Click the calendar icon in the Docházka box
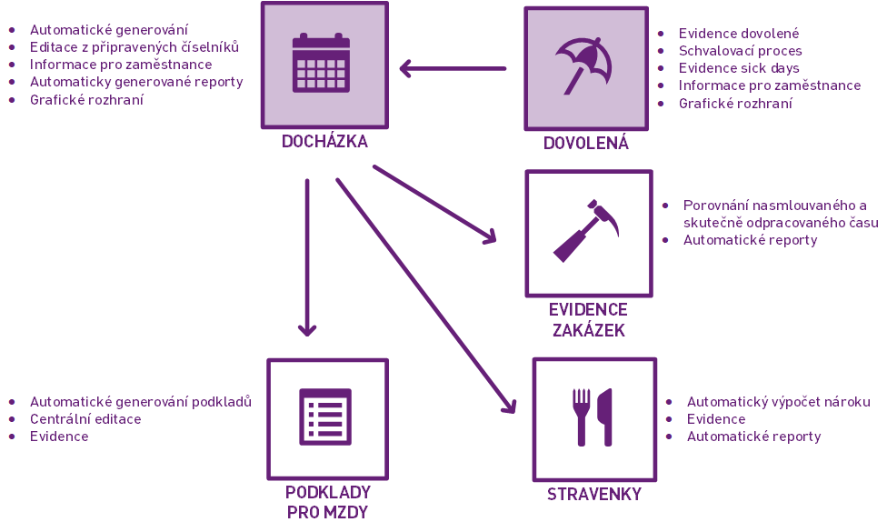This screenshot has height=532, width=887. click(321, 63)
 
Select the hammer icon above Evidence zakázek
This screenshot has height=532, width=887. click(586, 231)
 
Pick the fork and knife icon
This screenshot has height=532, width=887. click(593, 417)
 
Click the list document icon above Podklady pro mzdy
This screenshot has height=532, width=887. click(325, 417)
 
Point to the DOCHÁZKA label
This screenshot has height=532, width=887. click(324, 142)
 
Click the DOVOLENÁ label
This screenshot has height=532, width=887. click(585, 144)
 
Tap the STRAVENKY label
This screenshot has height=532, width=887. click(594, 495)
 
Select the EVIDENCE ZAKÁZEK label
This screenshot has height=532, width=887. click(588, 320)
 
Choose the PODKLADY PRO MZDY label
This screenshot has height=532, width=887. click(327, 502)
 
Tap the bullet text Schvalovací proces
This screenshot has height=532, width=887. click(740, 51)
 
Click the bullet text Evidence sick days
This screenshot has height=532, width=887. click(739, 68)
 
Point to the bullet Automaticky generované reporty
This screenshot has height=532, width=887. click(136, 82)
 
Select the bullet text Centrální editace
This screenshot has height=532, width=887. click(85, 419)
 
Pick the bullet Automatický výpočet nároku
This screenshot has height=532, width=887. click(778, 402)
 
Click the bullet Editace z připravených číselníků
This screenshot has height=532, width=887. click(134, 47)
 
